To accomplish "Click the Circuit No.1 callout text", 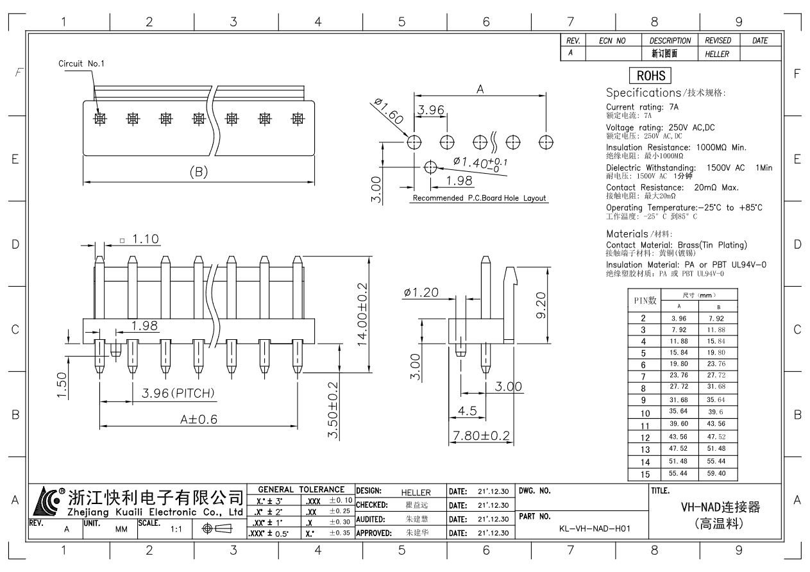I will (x=81, y=63).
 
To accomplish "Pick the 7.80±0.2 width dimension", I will (x=481, y=436).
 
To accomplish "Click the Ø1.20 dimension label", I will (x=421, y=293).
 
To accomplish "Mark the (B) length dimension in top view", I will (x=199, y=172).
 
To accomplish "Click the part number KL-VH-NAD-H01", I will (x=595, y=529).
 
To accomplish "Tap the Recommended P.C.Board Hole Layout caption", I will (x=479, y=198).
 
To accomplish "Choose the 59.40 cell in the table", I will (x=716, y=474).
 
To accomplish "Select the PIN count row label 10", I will (x=645, y=414).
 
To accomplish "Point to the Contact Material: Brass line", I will (x=676, y=245).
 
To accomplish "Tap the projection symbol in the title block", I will (x=217, y=529).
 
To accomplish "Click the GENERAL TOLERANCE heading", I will (x=301, y=489).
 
